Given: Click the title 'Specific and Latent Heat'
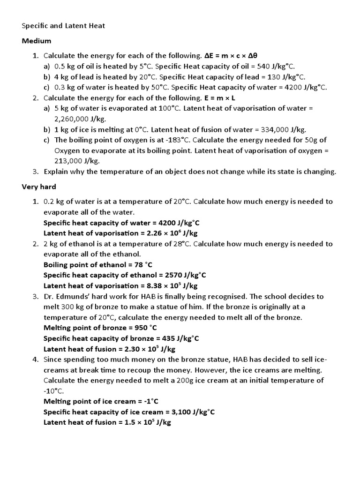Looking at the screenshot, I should [x=63, y=26].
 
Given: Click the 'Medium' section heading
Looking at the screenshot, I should [x=37, y=41].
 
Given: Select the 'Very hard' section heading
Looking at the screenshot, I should [x=39, y=187].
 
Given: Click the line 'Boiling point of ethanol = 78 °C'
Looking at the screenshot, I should [x=97, y=264].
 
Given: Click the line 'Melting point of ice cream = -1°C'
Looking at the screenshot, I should [x=101, y=401].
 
